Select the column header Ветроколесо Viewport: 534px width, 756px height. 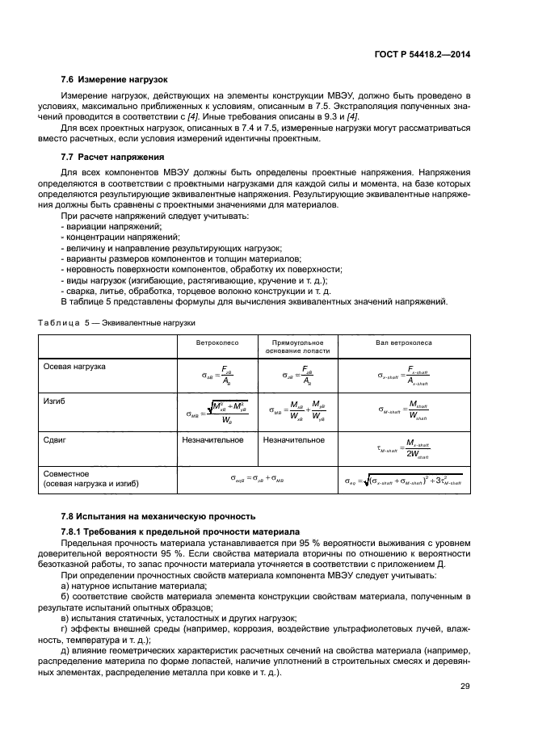[216, 342]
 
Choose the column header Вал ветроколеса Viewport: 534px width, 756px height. [404, 342]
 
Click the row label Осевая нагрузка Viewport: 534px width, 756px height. [74, 367]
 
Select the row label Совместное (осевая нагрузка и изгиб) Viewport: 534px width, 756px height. [90, 479]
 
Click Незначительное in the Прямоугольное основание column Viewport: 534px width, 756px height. [294, 440]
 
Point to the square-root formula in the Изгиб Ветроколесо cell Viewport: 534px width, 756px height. [217, 410]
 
